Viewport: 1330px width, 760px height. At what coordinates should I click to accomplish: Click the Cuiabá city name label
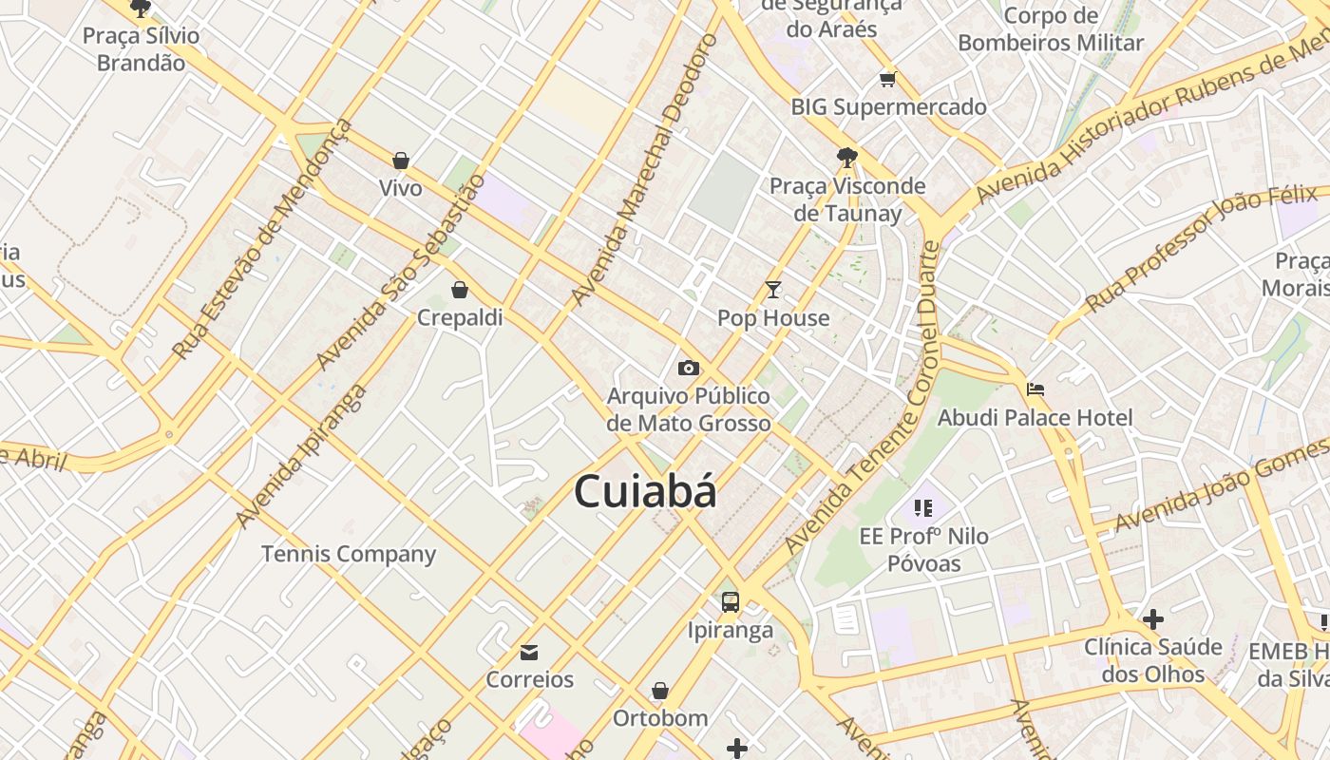click(645, 492)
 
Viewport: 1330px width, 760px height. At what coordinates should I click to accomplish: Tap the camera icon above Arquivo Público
click(689, 368)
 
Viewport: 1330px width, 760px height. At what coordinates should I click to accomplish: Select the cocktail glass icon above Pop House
click(773, 290)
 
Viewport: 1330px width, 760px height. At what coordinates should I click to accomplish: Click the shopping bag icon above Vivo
click(401, 161)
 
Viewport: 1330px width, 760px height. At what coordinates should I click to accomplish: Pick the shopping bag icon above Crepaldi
click(460, 290)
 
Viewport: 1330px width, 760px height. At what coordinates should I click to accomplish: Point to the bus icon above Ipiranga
click(730, 601)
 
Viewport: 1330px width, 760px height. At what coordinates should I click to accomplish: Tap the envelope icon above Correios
click(529, 652)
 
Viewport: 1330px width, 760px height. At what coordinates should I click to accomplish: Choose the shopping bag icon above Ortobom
click(660, 691)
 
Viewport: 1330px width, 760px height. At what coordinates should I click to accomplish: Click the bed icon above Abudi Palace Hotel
click(1035, 389)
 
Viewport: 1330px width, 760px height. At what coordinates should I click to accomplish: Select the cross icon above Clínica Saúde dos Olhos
click(1153, 619)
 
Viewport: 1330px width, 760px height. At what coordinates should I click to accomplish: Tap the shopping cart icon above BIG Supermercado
click(888, 79)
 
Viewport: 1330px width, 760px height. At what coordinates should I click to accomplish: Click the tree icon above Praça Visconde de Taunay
click(847, 157)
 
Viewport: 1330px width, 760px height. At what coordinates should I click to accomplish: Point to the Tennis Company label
click(349, 554)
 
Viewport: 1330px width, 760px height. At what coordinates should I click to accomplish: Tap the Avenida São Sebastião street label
click(400, 273)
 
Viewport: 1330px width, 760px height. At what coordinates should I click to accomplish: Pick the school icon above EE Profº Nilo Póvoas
click(923, 508)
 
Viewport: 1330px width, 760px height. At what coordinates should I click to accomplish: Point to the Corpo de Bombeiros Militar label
click(1051, 29)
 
